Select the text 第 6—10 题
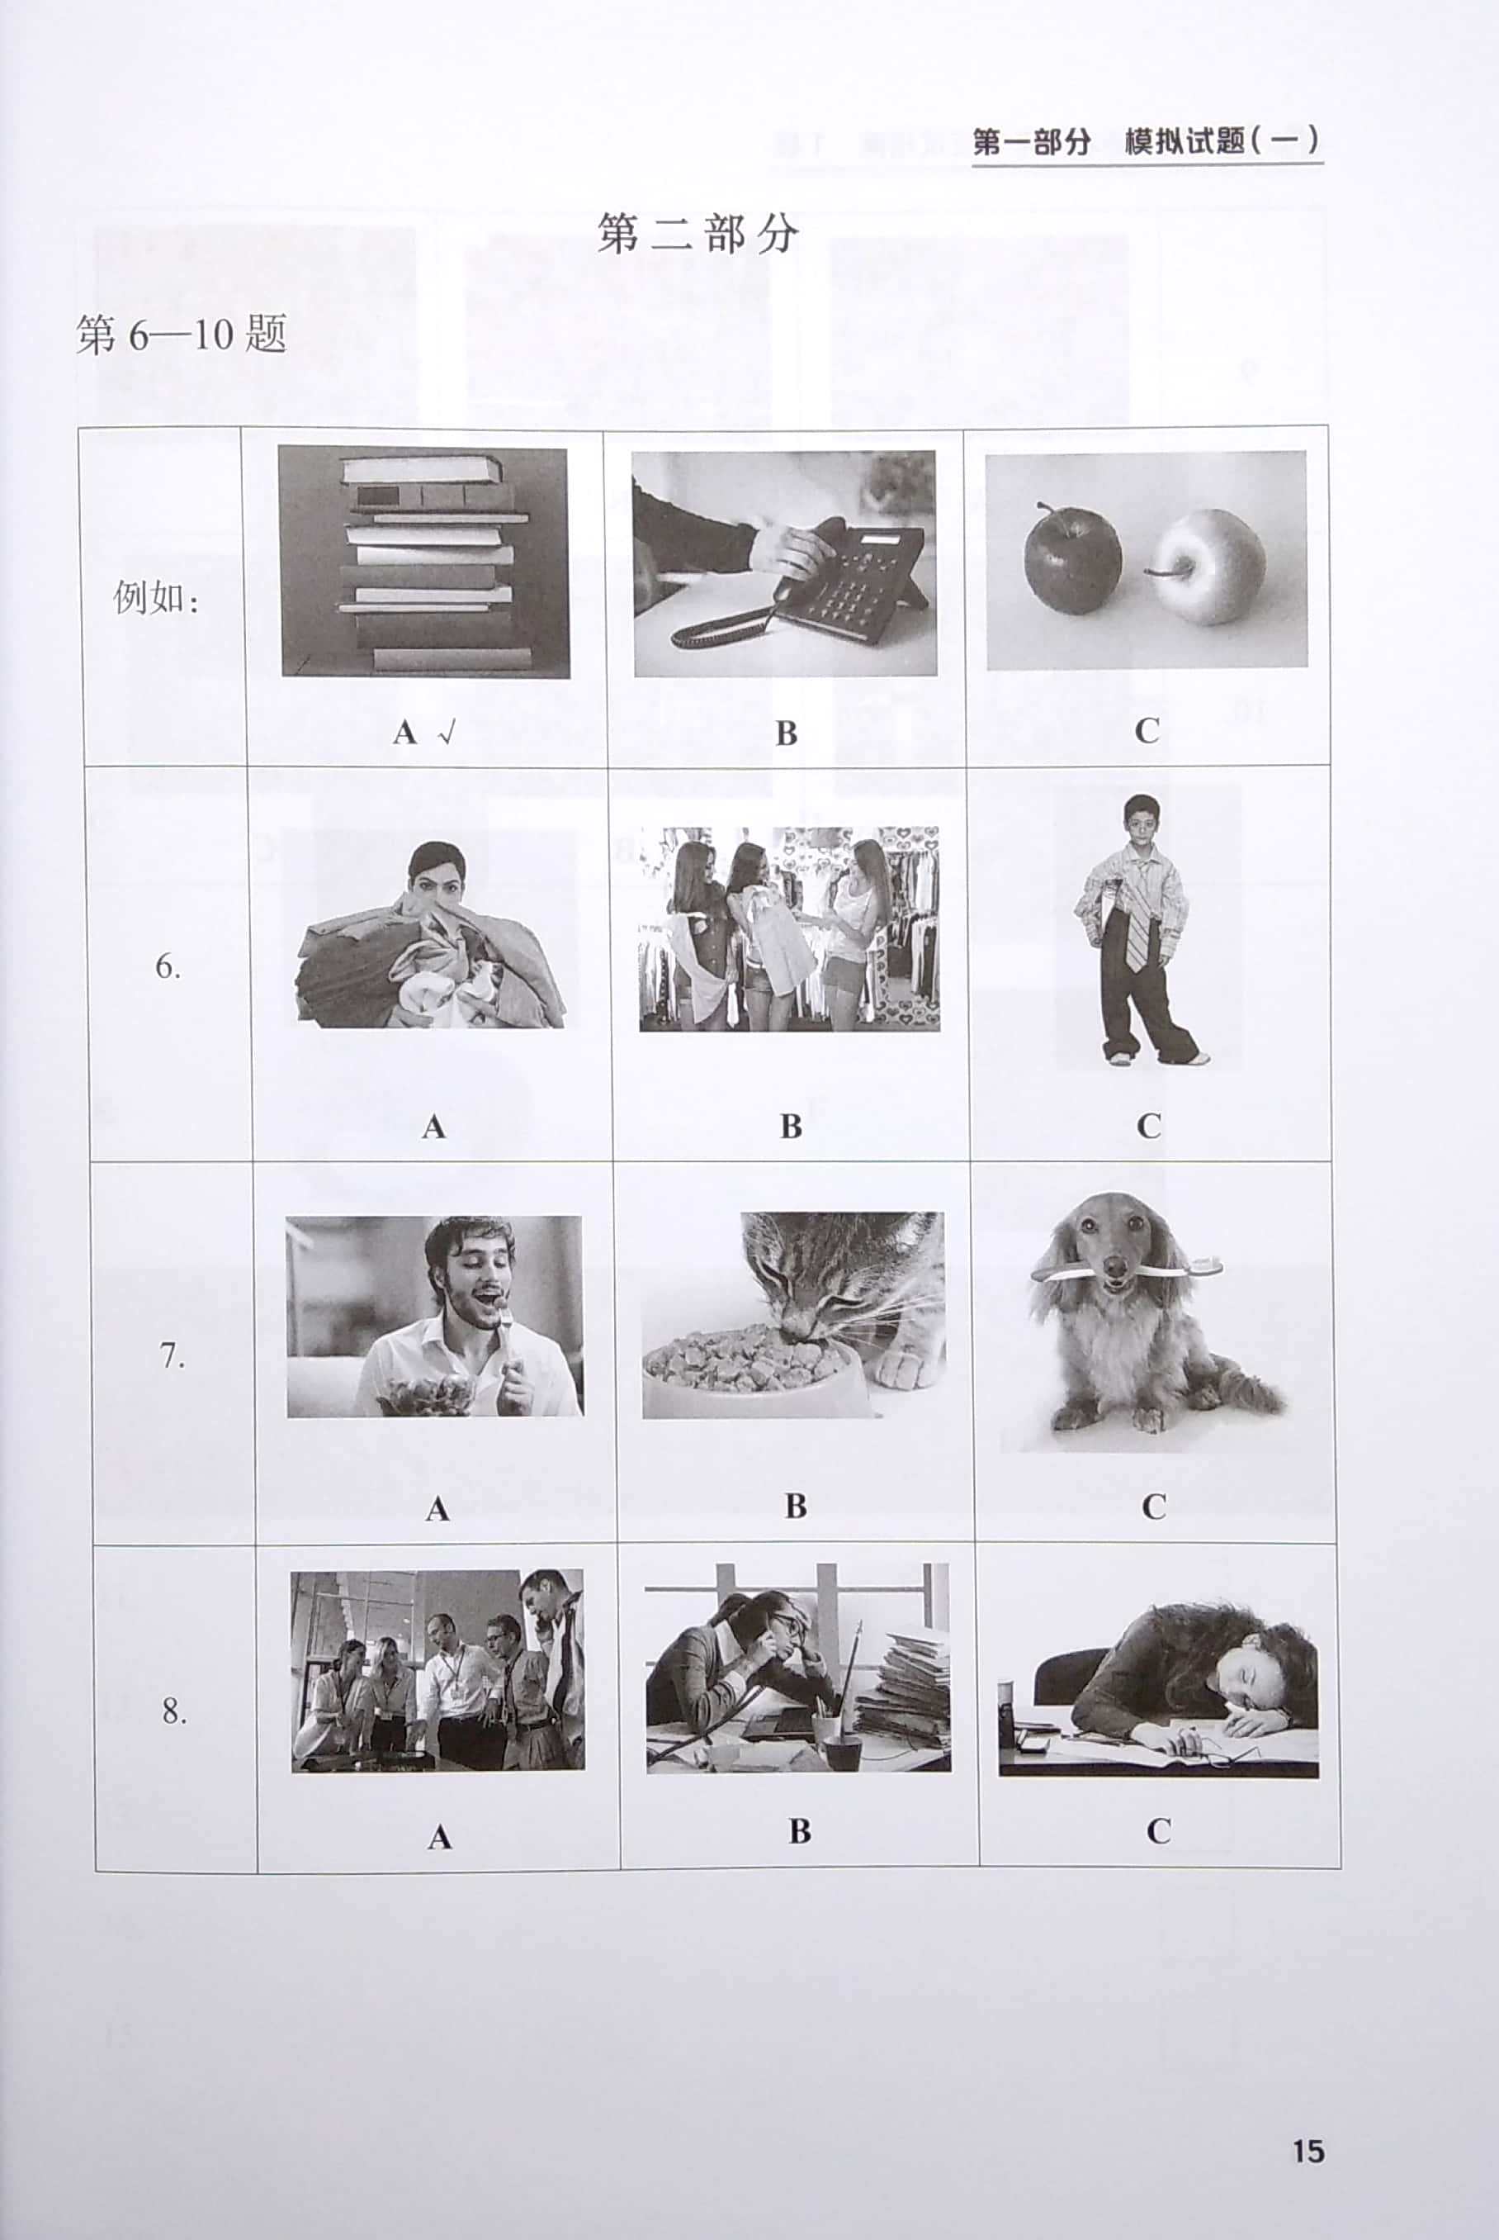[x=182, y=335]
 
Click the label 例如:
[x=156, y=599]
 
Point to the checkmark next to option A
[x=447, y=733]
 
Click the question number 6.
[x=168, y=967]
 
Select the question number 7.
[x=171, y=1355]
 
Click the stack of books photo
[x=424, y=562]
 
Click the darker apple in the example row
[x=1071, y=559]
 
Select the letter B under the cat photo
[x=796, y=1507]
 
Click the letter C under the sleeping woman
[x=1158, y=1830]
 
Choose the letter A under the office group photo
[x=439, y=1835]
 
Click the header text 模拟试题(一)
[x=1222, y=141]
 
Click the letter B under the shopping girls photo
[x=791, y=1126]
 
